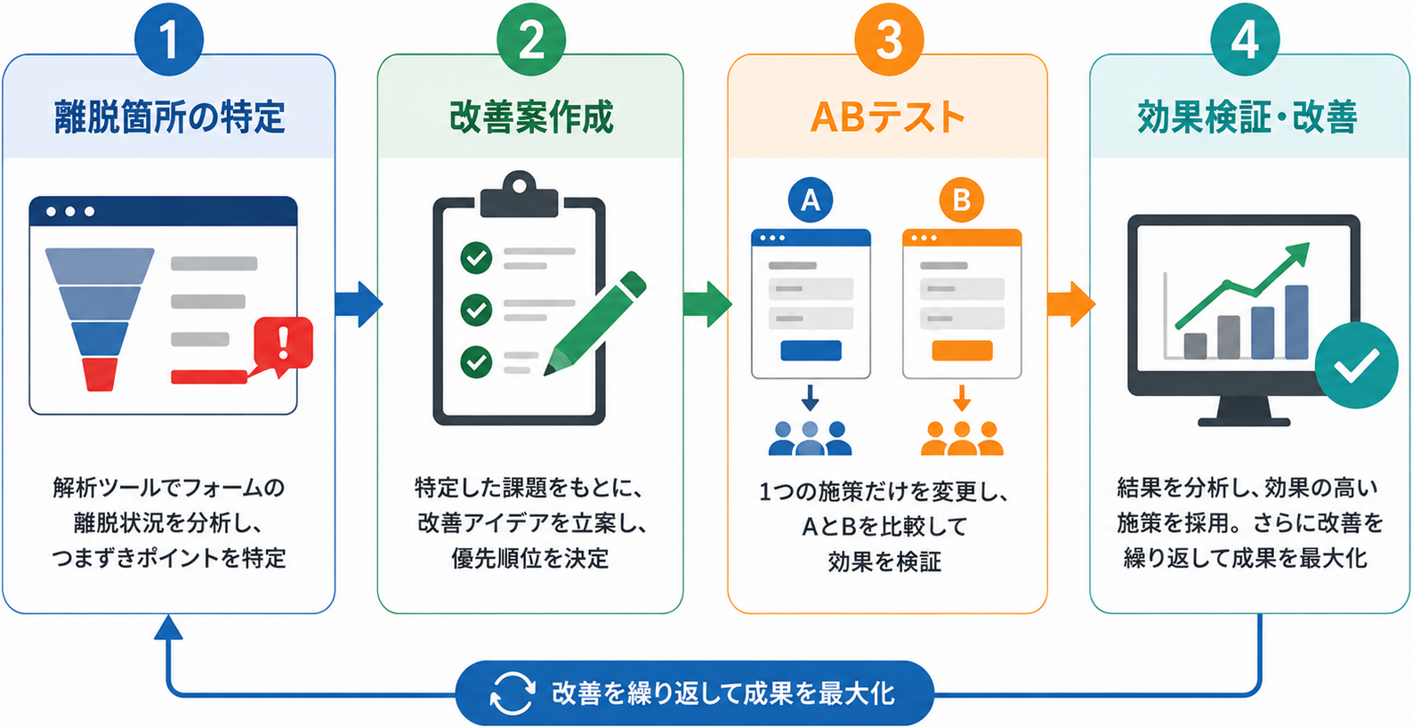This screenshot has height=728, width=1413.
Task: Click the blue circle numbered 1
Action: click(x=169, y=40)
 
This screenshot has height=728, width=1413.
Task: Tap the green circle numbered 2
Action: click(x=531, y=40)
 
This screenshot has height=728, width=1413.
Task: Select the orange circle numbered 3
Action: click(x=889, y=40)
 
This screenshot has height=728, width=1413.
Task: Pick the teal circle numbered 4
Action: click(x=1245, y=40)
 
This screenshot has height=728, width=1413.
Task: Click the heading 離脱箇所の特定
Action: click(x=169, y=117)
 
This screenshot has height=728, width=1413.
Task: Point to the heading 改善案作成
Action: click(x=531, y=117)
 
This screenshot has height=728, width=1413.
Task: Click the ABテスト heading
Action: click(x=887, y=117)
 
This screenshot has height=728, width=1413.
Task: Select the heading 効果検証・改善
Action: click(x=1247, y=117)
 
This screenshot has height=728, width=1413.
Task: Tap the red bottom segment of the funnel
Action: click(x=101, y=374)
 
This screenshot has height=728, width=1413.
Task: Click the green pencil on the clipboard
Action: click(x=595, y=324)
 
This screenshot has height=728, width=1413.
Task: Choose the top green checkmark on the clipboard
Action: click(x=476, y=257)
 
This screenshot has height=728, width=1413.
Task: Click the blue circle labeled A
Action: click(x=810, y=200)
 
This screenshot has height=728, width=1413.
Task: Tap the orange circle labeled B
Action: click(x=961, y=200)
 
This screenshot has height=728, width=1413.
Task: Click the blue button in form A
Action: click(x=811, y=350)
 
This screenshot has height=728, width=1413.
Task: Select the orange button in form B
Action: click(x=962, y=350)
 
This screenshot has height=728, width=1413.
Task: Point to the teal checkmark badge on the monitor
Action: click(x=1356, y=365)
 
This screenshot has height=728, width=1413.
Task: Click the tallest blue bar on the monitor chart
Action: click(x=1296, y=322)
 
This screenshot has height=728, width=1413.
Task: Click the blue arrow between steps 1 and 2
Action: click(x=359, y=304)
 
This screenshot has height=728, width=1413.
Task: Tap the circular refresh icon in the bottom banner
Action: click(x=513, y=693)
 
